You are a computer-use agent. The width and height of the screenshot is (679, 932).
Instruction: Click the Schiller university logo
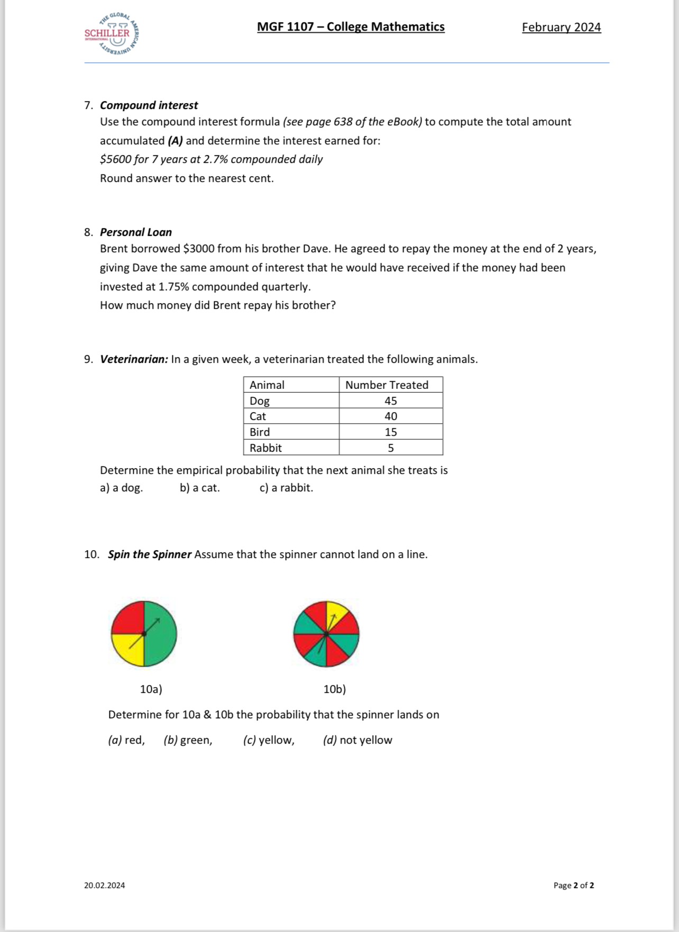point(112,34)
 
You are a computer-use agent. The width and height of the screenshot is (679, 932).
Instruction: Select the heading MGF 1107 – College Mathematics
point(351,27)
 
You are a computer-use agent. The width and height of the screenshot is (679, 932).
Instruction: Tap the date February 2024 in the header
point(561,28)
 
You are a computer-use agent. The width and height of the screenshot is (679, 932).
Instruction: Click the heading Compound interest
point(149,105)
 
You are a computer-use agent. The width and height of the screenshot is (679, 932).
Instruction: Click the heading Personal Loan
point(136,232)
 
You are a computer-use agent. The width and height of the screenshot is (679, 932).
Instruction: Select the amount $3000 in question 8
point(198,249)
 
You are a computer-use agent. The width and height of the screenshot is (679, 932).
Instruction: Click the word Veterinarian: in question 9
point(134,359)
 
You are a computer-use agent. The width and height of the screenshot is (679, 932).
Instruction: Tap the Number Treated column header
point(387,385)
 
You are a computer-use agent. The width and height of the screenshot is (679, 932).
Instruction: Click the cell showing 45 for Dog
point(391,401)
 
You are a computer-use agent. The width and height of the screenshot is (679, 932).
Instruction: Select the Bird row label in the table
point(260,432)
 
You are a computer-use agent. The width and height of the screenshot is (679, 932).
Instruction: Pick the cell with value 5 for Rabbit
point(391,448)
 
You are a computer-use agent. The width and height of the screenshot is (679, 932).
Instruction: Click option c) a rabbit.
point(286,488)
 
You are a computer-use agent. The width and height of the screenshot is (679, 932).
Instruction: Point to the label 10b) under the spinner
point(334,689)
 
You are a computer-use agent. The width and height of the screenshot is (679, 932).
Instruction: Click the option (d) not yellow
point(357,740)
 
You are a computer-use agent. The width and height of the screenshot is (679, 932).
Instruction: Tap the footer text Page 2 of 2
point(573,885)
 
